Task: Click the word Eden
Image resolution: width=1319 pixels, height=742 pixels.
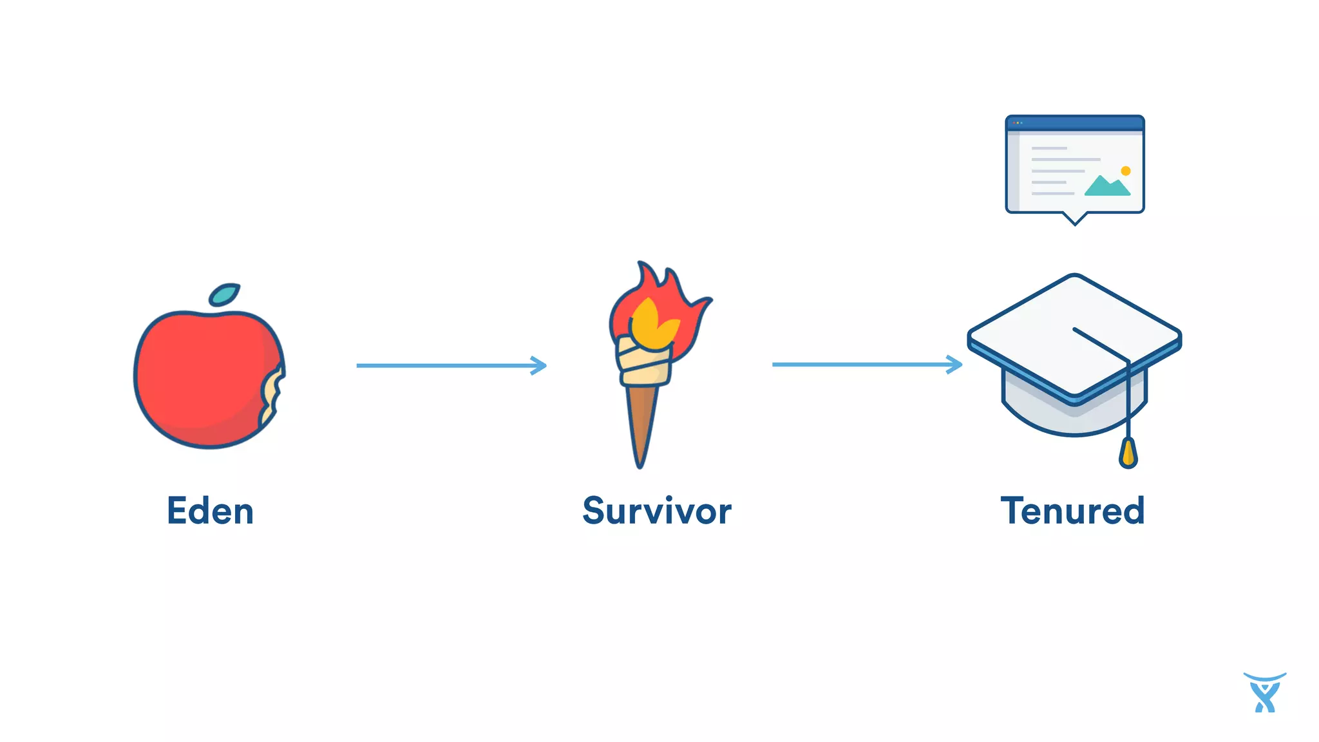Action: tap(210, 511)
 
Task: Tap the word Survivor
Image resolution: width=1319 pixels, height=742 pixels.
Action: tap(657, 511)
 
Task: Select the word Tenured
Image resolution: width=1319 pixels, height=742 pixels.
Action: tap(1072, 511)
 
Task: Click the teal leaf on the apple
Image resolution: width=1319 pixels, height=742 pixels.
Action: tap(224, 295)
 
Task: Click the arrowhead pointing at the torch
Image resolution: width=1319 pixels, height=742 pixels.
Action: tap(540, 365)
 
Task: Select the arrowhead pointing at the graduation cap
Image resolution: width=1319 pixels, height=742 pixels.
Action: tap(955, 365)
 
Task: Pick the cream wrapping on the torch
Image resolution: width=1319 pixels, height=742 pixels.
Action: tap(644, 364)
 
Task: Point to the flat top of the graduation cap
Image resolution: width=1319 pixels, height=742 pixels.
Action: tap(1056, 322)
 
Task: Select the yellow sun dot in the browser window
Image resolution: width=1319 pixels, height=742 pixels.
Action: tap(1126, 171)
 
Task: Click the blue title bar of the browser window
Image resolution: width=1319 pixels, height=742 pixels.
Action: tap(1074, 122)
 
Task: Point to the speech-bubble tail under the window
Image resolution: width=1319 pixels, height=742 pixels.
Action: tap(1074, 219)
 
